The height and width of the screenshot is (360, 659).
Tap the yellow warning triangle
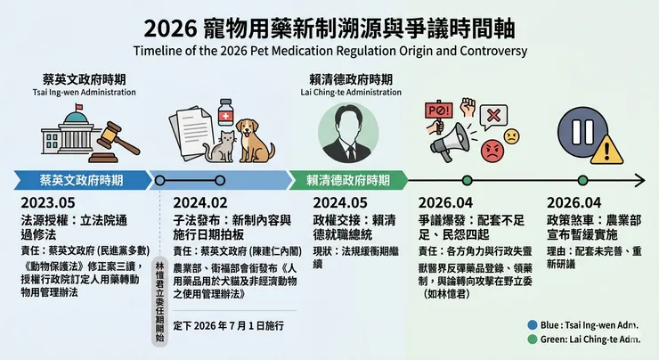609,145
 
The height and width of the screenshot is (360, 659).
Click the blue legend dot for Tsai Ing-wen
531,325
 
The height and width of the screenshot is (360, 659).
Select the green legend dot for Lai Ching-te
531,340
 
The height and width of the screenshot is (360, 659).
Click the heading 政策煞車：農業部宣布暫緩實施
592,227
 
